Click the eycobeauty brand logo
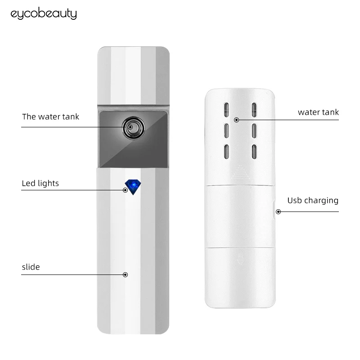[43, 14]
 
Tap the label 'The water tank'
[50, 117]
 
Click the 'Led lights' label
[40, 183]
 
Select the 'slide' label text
[31, 267]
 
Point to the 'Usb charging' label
[313, 200]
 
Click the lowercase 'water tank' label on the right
[318, 112]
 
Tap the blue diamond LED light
[132, 186]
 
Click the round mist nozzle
[131, 127]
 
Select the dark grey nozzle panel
[132, 138]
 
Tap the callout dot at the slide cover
[126, 274]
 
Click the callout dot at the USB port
[278, 211]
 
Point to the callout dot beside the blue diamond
[126, 190]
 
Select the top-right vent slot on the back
[254, 110]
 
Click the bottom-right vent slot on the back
[254, 151]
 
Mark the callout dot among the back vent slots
[236, 120]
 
